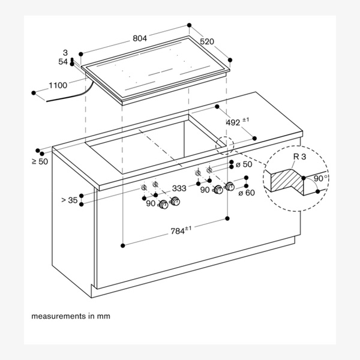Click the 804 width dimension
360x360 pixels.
tap(140, 38)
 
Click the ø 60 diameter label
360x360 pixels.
tap(247, 192)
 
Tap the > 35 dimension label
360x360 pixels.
tap(69, 200)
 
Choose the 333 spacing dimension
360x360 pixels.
tap(179, 188)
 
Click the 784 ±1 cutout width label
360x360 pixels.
tap(182, 230)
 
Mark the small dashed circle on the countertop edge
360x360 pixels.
tap(223, 145)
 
